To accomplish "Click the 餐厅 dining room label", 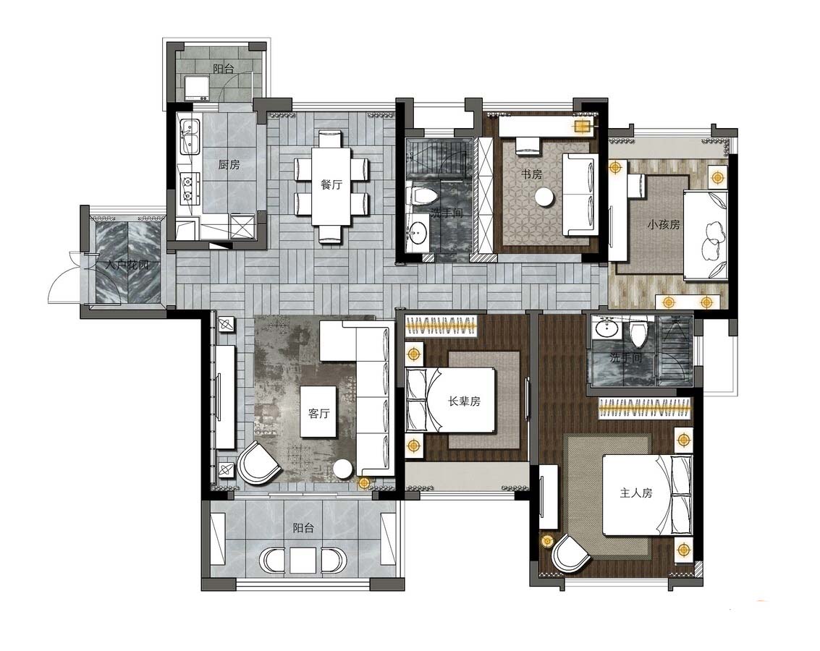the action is tap(331, 184).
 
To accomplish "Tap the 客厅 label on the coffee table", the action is tap(318, 413).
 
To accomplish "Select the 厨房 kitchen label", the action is tap(229, 164).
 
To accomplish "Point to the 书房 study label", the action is tap(531, 174).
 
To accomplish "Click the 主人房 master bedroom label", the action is tap(636, 493).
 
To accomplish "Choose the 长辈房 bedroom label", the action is tap(464, 401).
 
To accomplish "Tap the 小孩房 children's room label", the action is tap(663, 225).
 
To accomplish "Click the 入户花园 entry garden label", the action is tap(127, 265).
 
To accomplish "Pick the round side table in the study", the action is tap(544, 197).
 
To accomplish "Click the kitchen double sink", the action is tap(190, 136).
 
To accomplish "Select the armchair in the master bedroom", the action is tap(571, 555).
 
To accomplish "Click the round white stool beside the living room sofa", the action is tap(343, 467).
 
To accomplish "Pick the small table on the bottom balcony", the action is tap(303, 560).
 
